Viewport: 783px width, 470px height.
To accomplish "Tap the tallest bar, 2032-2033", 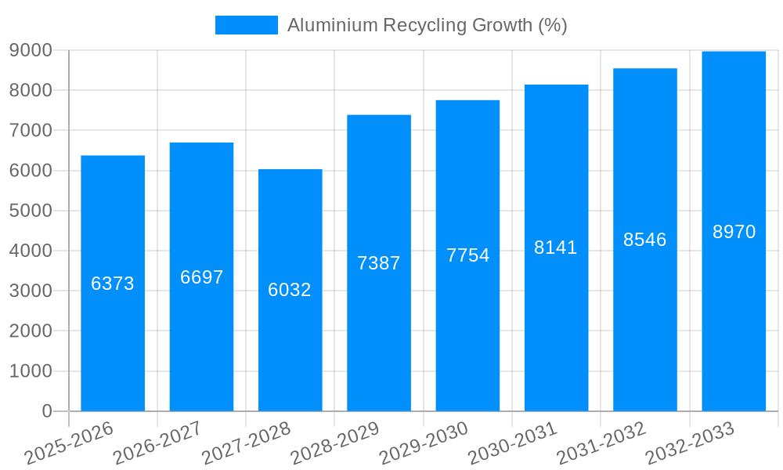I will [734, 313].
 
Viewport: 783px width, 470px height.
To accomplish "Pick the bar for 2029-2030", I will [467, 329].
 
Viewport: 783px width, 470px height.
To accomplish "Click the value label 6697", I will [202, 277].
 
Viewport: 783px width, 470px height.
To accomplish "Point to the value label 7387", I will [379, 263].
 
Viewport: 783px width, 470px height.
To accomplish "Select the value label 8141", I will [556, 248].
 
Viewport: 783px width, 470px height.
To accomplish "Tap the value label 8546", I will [645, 240].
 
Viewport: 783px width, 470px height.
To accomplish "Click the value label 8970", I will [734, 232].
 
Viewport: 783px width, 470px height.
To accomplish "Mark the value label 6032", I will [290, 290].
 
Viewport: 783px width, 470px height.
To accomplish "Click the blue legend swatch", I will [247, 25].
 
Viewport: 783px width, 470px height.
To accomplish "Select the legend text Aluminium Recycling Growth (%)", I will [427, 25].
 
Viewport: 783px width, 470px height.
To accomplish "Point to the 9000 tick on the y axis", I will [31, 50].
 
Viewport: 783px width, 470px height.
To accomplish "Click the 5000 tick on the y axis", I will [31, 211].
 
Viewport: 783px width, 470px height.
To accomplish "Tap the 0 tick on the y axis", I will [46, 411].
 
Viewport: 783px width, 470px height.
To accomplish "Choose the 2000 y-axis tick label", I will [31, 331].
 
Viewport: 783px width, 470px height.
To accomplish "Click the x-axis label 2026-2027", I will [157, 443].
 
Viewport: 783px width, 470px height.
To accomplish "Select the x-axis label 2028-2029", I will [335, 443].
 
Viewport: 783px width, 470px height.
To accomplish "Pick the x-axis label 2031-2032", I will [601, 443].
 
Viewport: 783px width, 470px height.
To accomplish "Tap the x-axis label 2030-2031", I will [513, 443].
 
